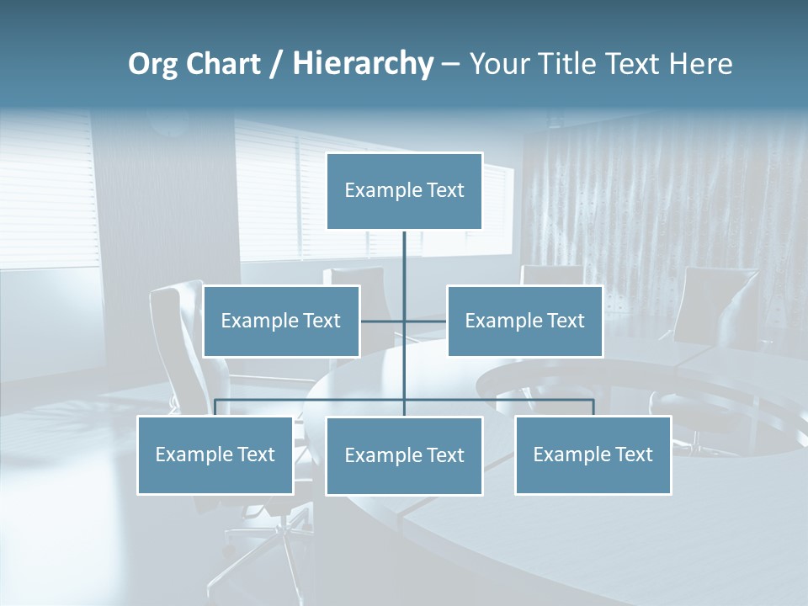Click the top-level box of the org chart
(404, 191)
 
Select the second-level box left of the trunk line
(281, 321)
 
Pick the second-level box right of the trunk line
(525, 321)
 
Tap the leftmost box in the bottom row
(215, 454)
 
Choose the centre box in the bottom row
(404, 456)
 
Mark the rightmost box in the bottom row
(593, 454)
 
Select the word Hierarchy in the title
(363, 64)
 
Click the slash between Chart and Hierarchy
(277, 64)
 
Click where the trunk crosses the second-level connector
(404, 321)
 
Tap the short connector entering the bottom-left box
(215, 407)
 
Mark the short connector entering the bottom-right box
(593, 407)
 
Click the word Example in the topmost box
(375, 191)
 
